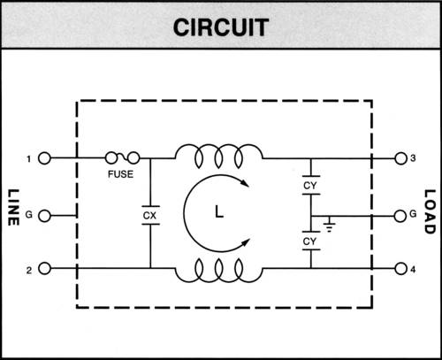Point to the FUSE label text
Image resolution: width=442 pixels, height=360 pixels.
pos(121,174)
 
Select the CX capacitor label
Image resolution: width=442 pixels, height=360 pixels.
pos(149,214)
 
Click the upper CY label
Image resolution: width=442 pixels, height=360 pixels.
pos(310,187)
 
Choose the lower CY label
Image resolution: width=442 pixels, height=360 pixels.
pos(310,241)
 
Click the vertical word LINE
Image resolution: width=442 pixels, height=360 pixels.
pos(14,208)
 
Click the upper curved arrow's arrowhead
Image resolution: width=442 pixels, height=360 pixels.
pos(248,185)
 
